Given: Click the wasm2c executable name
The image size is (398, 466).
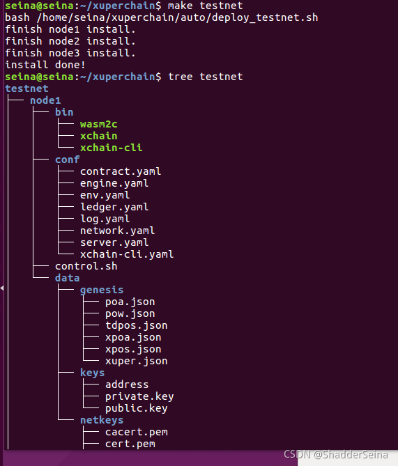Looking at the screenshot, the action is pyautogui.click(x=99, y=124).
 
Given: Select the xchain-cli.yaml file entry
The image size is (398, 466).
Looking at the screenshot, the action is pyautogui.click(x=127, y=254).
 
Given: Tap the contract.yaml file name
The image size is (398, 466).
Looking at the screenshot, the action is pyautogui.click(x=121, y=171).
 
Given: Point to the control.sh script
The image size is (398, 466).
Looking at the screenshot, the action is pyautogui.click(x=86, y=266).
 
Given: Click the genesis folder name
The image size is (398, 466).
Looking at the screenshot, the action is pyautogui.click(x=102, y=290).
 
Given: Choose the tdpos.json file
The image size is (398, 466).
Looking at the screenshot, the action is pyautogui.click(x=136, y=325).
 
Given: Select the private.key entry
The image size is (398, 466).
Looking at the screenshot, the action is pyautogui.click(x=139, y=396).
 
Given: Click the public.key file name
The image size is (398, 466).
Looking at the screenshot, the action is pyautogui.click(x=136, y=408).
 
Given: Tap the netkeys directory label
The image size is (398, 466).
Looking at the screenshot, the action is pyautogui.click(x=102, y=420).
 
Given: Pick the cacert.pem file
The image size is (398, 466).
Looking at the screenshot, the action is pyautogui.click(x=136, y=432).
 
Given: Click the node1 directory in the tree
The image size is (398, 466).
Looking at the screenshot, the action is pyautogui.click(x=45, y=100).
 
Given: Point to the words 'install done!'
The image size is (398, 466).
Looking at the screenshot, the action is pyautogui.click(x=45, y=65).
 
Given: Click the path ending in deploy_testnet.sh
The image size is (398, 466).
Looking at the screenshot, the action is pyautogui.click(x=177, y=17).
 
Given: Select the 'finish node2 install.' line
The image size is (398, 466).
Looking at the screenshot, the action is pyautogui.click(x=70, y=41).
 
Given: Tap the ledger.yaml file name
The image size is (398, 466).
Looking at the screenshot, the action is pyautogui.click(x=114, y=207).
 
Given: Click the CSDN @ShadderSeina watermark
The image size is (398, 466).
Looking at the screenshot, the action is pyautogui.click(x=335, y=455).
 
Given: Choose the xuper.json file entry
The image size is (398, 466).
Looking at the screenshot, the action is pyautogui.click(x=136, y=361).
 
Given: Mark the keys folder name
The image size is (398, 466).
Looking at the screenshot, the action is pyautogui.click(x=92, y=373).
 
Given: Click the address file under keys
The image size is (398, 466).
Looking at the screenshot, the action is pyautogui.click(x=127, y=385).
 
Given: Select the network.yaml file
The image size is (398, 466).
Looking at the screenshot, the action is pyautogui.click(x=118, y=231).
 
